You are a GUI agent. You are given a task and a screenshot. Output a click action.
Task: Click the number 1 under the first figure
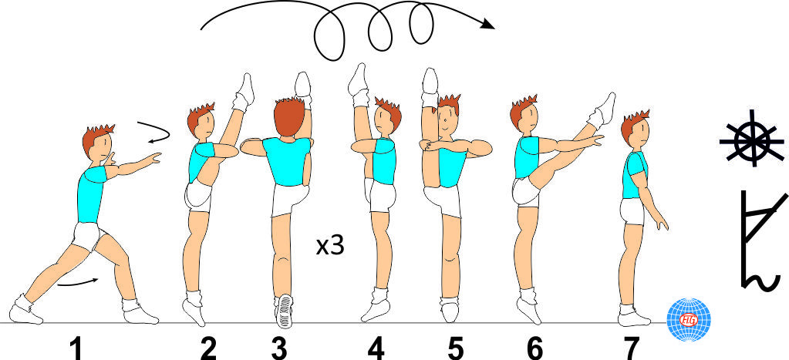(x=76, y=348)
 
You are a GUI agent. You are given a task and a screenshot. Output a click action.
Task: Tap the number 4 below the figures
(x=376, y=348)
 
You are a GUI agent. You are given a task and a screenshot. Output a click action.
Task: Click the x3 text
(x=331, y=247)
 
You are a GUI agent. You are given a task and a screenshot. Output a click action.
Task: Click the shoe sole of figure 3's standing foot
(x=285, y=310)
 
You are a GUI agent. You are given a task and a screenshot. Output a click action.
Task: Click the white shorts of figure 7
(x=632, y=211)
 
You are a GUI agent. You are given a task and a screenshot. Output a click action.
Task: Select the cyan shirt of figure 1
(x=91, y=194)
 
